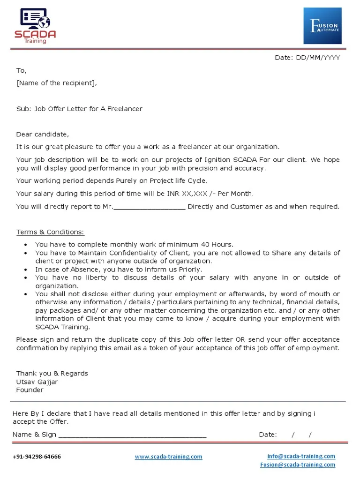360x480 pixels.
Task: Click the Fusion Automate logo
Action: coord(322,26)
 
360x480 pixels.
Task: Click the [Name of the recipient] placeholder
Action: coord(57,83)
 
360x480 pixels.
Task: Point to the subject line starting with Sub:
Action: coord(79,109)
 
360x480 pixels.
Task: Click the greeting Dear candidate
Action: coord(42,135)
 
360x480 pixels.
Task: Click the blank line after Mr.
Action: coord(150,207)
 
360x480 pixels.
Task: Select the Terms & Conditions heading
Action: coord(50,232)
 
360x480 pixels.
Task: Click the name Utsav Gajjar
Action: coord(37,382)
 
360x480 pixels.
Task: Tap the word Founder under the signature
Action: coord(30,390)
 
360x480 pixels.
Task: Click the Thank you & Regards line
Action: coord(52,374)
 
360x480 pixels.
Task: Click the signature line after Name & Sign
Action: coord(132,435)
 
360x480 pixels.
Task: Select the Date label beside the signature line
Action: coord(268,435)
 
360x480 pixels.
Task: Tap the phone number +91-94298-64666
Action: coord(37,457)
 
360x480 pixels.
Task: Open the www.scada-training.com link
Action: coord(168,457)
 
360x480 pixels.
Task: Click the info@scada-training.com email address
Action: coord(301,456)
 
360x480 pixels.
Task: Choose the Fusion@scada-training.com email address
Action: coord(298,465)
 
